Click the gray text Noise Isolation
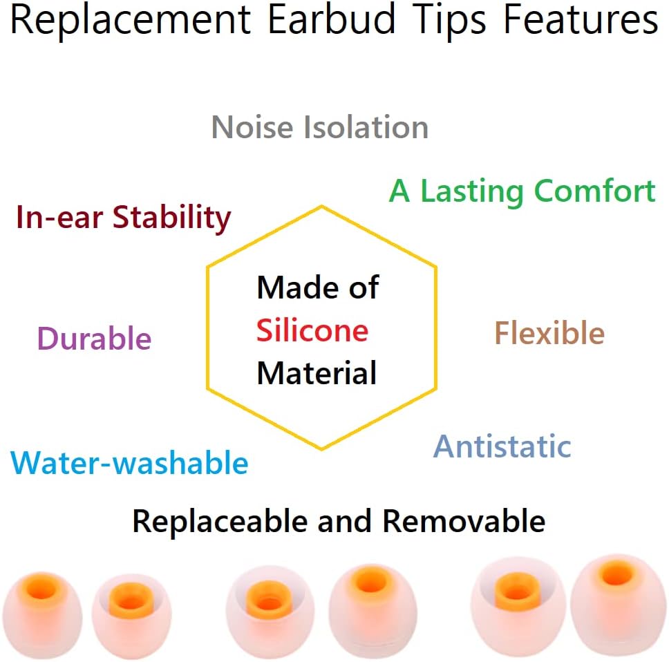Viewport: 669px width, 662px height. pyautogui.click(x=319, y=128)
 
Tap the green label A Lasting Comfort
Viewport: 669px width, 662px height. pyautogui.click(x=522, y=191)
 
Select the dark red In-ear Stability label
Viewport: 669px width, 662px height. pyautogui.click(x=123, y=218)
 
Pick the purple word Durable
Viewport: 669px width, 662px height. pyautogui.click(x=94, y=339)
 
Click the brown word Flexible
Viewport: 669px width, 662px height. pyautogui.click(x=549, y=333)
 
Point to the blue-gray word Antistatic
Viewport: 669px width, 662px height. pyautogui.click(x=502, y=446)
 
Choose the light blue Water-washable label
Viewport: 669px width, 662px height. pyautogui.click(x=130, y=462)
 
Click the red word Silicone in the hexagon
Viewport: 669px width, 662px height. pyautogui.click(x=312, y=330)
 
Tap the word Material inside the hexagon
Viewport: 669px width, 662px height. pyautogui.click(x=317, y=373)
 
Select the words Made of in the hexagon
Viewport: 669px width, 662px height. pyautogui.click(x=318, y=287)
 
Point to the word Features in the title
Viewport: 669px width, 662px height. pyautogui.click(x=581, y=21)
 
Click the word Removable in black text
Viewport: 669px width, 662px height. pyautogui.click(x=464, y=520)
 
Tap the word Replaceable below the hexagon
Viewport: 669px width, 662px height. pyautogui.click(x=219, y=520)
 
